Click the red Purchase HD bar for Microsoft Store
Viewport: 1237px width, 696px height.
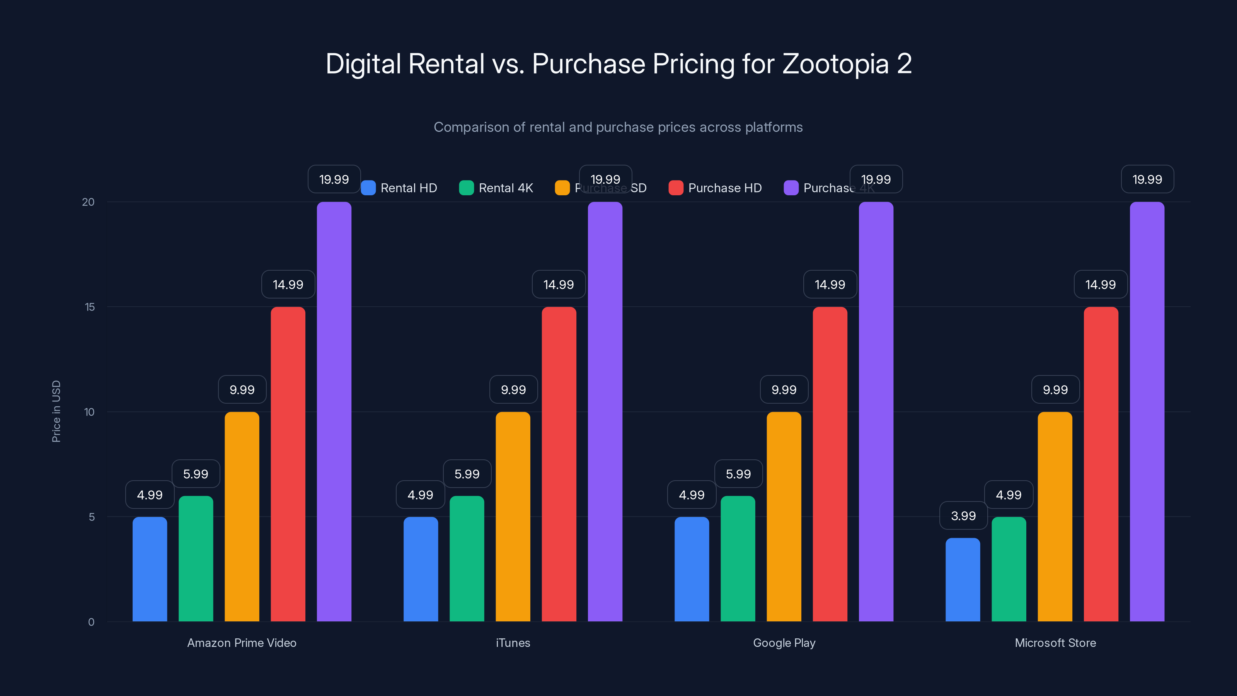click(1101, 464)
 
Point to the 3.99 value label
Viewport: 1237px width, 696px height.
click(963, 516)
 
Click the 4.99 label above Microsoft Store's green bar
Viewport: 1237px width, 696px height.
click(1009, 495)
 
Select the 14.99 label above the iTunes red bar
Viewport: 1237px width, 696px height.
click(559, 284)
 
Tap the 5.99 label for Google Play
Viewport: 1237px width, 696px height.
click(738, 474)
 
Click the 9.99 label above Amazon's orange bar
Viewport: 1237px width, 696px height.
click(242, 389)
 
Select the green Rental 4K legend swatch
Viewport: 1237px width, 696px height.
click(466, 188)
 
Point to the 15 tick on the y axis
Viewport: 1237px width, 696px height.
click(90, 307)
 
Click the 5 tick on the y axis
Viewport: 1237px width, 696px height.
click(91, 517)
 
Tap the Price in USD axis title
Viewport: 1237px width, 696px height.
click(56, 411)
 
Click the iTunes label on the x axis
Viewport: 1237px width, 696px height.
click(513, 643)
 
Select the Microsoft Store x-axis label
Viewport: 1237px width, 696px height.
click(1055, 643)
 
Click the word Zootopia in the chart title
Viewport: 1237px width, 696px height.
click(835, 64)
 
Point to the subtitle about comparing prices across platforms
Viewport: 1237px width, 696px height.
click(618, 127)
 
